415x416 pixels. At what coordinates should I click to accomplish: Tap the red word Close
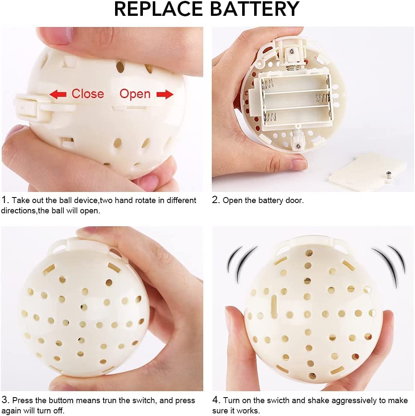[87, 94]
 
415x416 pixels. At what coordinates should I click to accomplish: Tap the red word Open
[135, 94]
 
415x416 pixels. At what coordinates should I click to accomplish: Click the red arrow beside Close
[58, 94]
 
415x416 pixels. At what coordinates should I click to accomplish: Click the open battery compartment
[296, 100]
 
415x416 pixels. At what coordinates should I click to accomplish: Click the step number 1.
[5, 200]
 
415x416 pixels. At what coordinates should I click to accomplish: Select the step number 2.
[216, 200]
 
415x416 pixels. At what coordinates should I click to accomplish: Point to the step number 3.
[5, 401]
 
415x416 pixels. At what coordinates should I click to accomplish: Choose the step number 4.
[216, 401]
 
